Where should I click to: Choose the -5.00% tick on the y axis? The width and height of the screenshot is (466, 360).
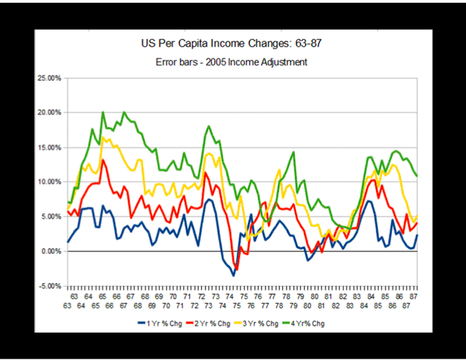(50, 286)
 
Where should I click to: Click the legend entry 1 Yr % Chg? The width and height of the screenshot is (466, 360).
(167, 324)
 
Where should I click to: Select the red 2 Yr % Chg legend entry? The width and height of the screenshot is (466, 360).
(220, 324)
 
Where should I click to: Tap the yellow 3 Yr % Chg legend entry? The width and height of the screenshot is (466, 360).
(273, 324)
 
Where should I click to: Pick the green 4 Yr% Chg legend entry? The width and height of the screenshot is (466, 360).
(324, 324)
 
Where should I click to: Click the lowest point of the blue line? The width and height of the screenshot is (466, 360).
(234, 276)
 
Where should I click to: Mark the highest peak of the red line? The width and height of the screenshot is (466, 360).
(103, 160)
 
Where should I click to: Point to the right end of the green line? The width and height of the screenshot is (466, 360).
(417, 176)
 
